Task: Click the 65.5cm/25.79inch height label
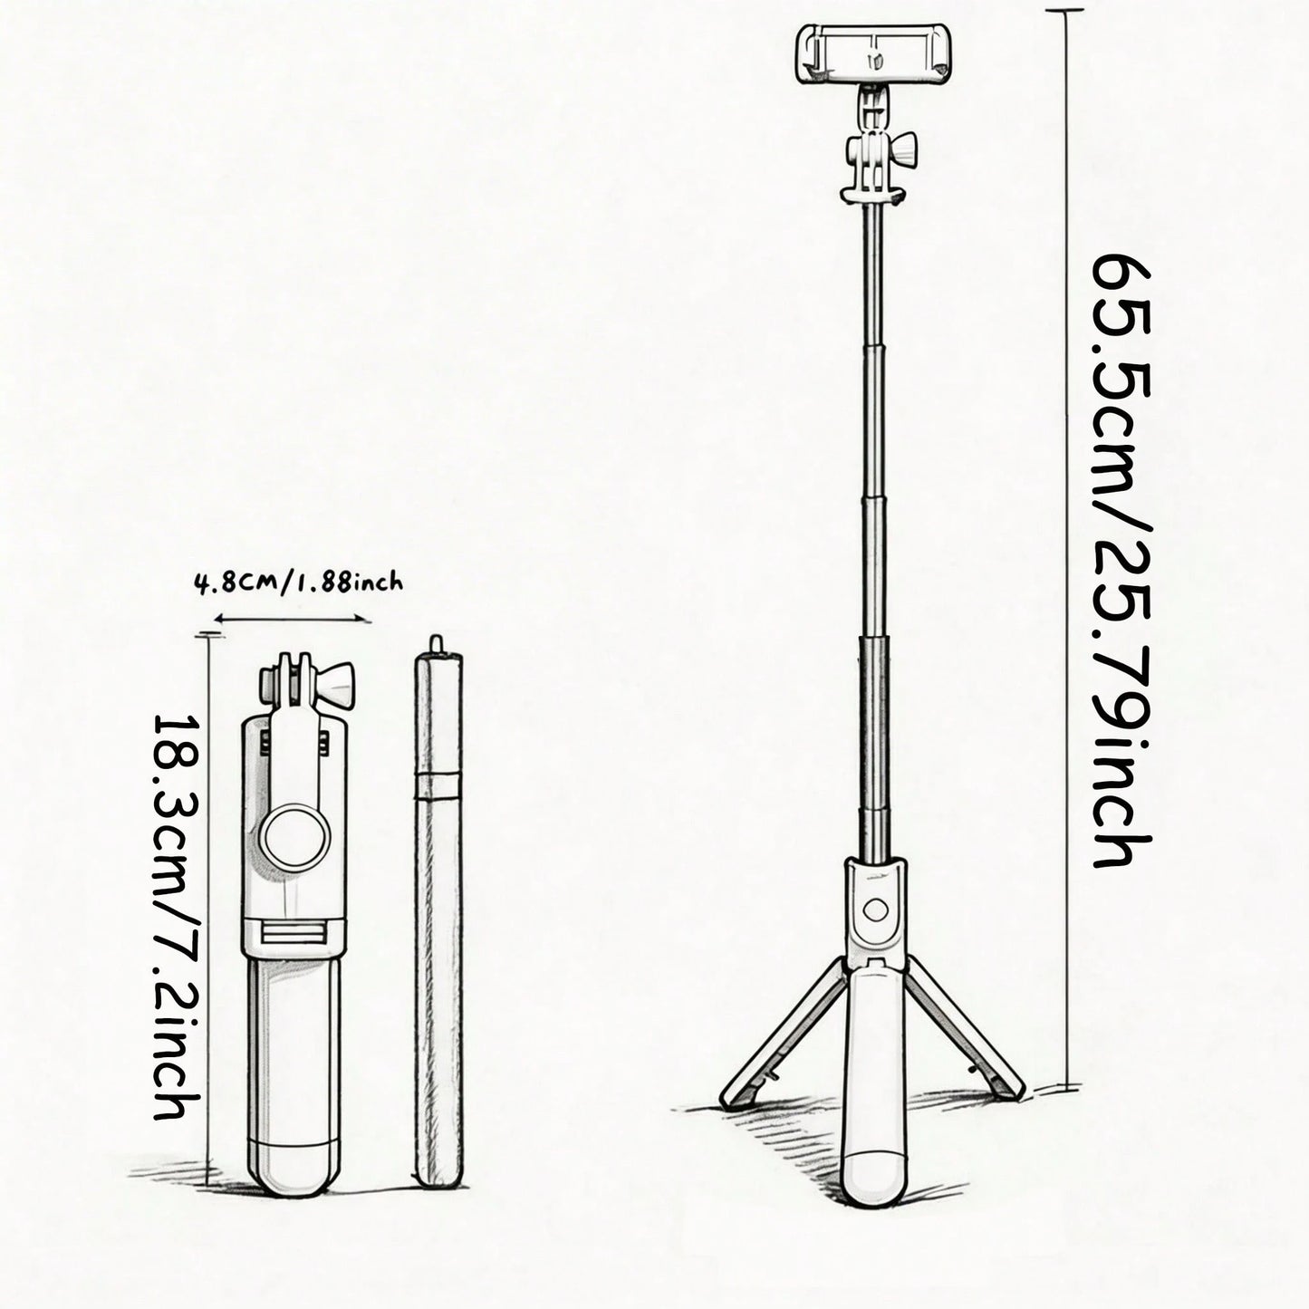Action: click(x=1121, y=561)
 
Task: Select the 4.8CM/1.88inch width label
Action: click(x=299, y=582)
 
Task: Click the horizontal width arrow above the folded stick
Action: click(x=293, y=618)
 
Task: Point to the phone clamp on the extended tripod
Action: click(x=873, y=53)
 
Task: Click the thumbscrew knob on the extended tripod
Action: click(x=903, y=149)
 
